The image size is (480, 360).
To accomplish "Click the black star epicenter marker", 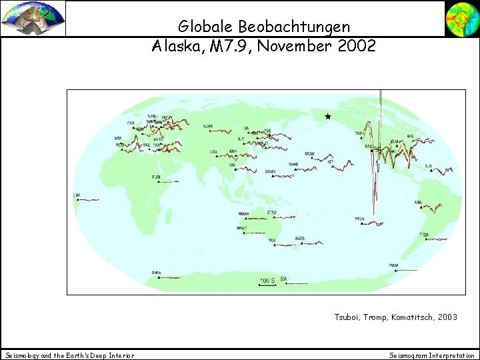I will click(x=327, y=117).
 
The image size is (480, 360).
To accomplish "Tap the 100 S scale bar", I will click(x=267, y=281).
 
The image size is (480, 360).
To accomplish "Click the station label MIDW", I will click(x=309, y=154).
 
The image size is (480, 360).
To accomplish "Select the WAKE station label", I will click(x=293, y=163).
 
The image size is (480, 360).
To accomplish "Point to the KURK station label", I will click(x=208, y=125).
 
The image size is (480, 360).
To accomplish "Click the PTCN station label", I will click(x=360, y=219).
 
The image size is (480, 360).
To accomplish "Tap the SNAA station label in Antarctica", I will click(x=156, y=272).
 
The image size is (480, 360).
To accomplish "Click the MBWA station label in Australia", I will click(x=244, y=214).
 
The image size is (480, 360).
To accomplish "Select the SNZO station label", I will click(x=300, y=238).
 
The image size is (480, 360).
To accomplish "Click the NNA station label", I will click(x=418, y=202).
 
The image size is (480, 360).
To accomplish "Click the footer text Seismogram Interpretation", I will click(x=431, y=355).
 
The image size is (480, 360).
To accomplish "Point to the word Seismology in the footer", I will click(x=22, y=355).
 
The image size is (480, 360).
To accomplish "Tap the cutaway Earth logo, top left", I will click(x=33, y=18).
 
